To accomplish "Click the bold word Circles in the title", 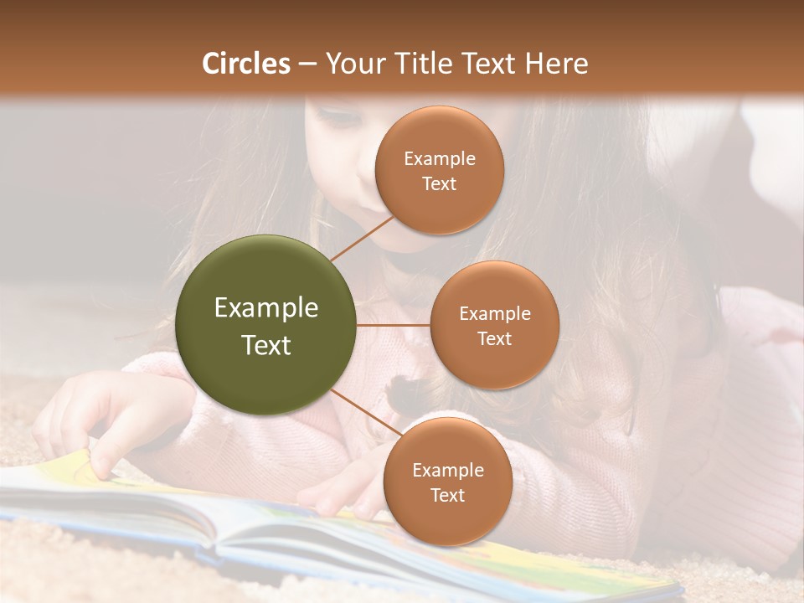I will [x=246, y=64].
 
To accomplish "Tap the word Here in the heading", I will [x=556, y=64].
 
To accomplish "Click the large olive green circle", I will [x=266, y=325].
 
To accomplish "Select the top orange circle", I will [x=439, y=170].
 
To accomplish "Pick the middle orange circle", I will [x=494, y=325].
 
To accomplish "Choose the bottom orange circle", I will [x=447, y=482].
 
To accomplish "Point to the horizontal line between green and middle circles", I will [x=393, y=325].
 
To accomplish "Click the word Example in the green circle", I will [x=266, y=308].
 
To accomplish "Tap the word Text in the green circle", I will [x=266, y=345].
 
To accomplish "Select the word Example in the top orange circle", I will [x=439, y=158].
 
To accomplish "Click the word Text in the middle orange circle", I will [x=494, y=338].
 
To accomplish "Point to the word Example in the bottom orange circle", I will [x=447, y=470].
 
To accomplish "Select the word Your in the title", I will [x=352, y=64].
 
